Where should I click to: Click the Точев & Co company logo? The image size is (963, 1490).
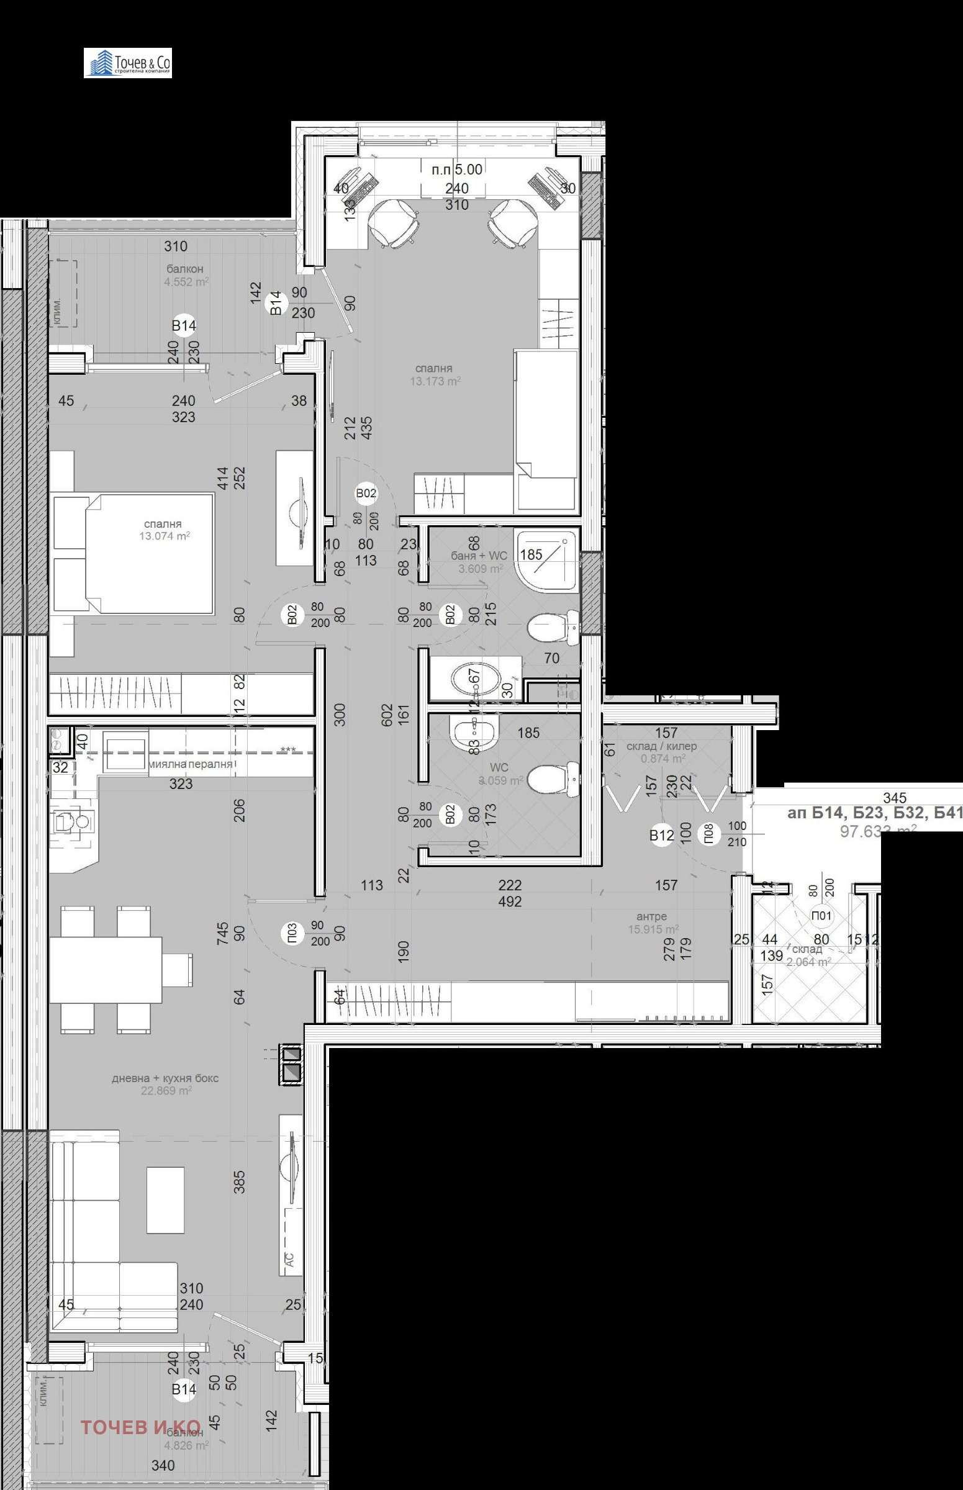point(127,63)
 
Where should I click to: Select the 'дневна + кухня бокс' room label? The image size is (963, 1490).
point(165,1078)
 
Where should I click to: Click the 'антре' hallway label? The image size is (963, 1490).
point(651,916)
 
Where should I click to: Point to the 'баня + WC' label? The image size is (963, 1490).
point(479,555)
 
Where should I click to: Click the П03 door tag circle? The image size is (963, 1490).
point(292,934)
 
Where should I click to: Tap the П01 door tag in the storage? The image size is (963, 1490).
point(821,915)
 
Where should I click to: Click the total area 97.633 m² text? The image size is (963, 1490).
point(879,830)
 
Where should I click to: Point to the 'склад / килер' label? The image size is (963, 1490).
point(661,746)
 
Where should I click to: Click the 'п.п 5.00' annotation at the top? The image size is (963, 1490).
point(457,169)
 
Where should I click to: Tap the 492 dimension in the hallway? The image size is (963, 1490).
point(510,901)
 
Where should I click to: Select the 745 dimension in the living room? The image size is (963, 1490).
point(223,934)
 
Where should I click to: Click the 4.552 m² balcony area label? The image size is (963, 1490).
point(186,282)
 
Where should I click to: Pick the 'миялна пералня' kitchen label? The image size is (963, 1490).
point(191,764)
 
